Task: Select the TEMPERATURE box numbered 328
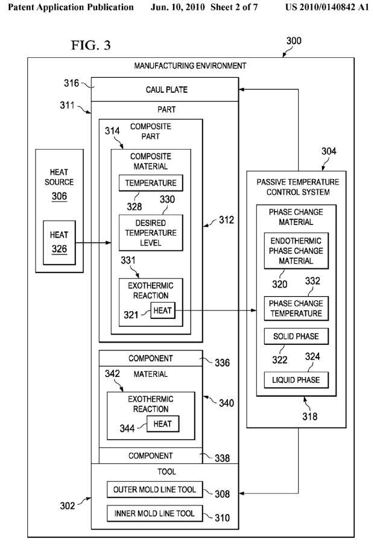click(150, 183)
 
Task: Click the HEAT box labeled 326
click(59, 240)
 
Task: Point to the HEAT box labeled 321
click(162, 311)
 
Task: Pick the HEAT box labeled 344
click(162, 423)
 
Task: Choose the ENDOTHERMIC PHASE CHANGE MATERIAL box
click(296, 249)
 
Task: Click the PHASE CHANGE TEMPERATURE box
click(296, 308)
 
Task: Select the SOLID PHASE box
click(296, 336)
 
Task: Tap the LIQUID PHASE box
click(296, 379)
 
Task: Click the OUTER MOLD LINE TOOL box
click(154, 490)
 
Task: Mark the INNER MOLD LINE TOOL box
click(154, 513)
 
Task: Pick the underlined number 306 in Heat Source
click(59, 196)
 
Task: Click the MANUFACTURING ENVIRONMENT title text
click(191, 65)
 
